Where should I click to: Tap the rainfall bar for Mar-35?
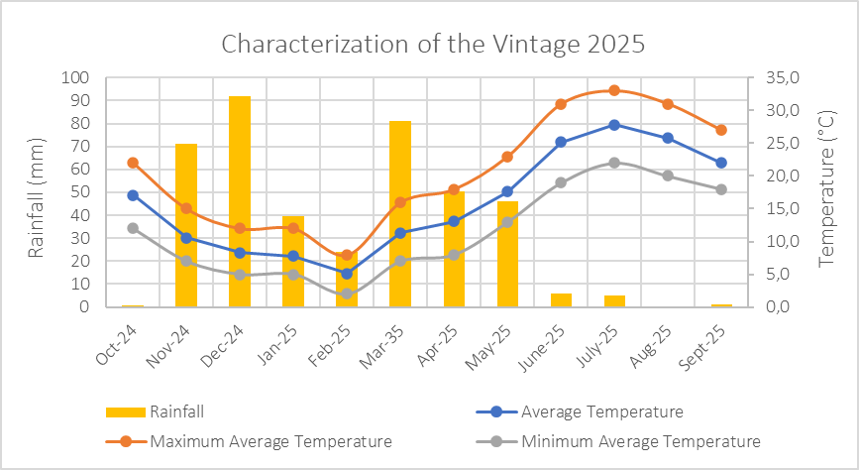coord(400,213)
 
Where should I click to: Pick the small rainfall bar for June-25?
coord(561,299)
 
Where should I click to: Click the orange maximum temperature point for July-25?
coord(614,90)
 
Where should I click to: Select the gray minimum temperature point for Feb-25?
coord(347,294)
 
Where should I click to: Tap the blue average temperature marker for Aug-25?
coord(668,138)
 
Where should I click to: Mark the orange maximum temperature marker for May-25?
coord(507,157)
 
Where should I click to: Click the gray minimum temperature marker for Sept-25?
coord(721,189)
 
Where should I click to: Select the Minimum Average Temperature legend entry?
coord(640,441)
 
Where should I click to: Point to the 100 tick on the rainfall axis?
coord(76,77)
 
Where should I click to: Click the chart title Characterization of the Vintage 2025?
coord(433,45)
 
